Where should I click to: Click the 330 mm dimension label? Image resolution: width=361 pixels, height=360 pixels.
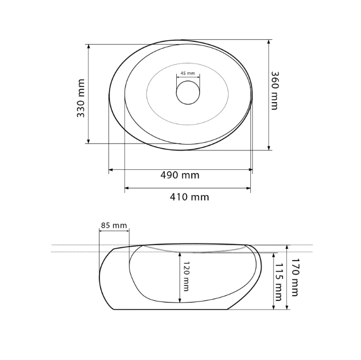pos(81,98)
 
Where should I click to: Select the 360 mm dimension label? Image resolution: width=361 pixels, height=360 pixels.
pos(275,91)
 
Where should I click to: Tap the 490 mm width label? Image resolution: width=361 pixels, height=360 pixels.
pos(180,175)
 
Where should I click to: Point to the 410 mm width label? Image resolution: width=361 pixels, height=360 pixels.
pos(190,197)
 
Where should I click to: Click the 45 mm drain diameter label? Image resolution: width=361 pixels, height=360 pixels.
pos(187,73)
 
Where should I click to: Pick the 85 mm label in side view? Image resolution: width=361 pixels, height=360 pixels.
pos(114,225)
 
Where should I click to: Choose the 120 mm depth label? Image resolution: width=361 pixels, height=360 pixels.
pos(186,276)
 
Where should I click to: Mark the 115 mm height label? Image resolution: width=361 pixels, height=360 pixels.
pos(278,282)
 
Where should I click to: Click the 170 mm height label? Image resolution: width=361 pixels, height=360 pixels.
pos(295,277)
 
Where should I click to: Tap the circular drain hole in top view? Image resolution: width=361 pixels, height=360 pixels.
pos(188,92)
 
